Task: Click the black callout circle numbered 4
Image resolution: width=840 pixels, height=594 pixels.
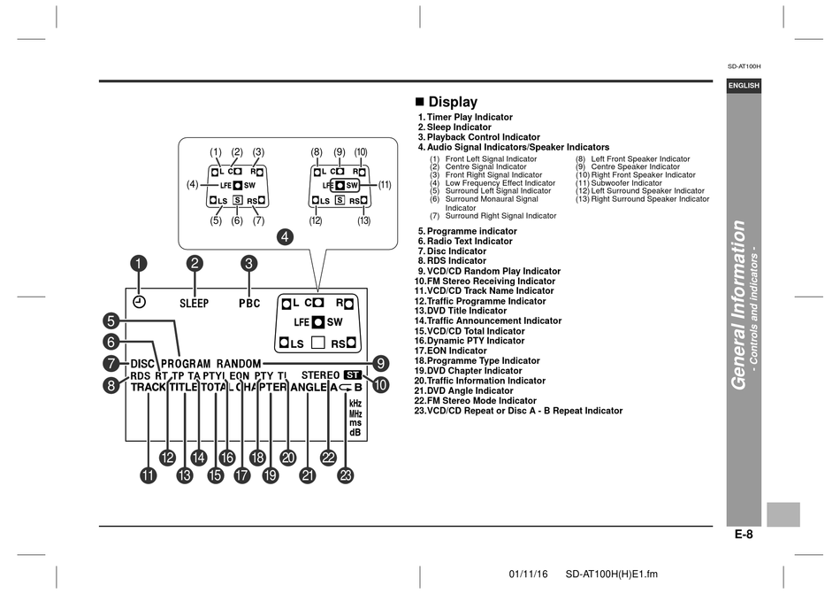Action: coord(285,236)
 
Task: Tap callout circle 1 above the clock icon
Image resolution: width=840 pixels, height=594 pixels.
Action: coord(139,263)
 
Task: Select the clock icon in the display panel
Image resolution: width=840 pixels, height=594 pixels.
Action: coord(139,302)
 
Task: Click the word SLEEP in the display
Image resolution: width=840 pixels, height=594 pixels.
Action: coord(194,304)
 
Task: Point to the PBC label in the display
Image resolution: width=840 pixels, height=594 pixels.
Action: coord(249,304)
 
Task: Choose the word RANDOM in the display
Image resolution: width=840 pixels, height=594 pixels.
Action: coord(239,364)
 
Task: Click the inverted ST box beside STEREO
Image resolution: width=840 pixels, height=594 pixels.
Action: coord(353,375)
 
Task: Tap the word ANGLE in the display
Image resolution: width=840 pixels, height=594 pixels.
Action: coord(309,387)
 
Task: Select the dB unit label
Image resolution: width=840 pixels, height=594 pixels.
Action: coord(355,432)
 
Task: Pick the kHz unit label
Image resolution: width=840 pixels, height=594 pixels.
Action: coord(355,403)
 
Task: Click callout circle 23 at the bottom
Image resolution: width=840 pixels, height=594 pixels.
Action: coord(347,475)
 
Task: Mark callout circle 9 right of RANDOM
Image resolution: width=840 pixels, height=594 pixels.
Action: coord(380,364)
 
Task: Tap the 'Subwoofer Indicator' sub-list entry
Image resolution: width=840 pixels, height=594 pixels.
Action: coord(619,183)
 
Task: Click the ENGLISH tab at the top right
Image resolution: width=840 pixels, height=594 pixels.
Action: coord(744,86)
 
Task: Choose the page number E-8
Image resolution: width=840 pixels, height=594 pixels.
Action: coord(744,535)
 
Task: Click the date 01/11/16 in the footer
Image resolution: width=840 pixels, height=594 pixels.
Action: coord(528,575)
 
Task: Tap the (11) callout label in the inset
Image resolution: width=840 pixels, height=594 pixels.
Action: coord(385,185)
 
